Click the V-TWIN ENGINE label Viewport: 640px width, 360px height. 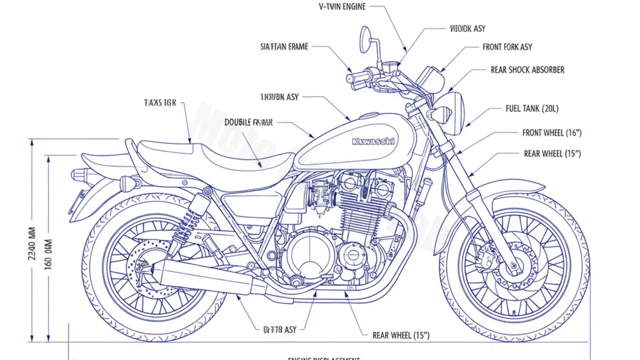coord(342,6)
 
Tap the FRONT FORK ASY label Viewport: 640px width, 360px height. coord(507,47)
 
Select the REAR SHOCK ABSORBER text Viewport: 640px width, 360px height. coord(527,70)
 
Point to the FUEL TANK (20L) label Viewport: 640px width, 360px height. coord(532,109)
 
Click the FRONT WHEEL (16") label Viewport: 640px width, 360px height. coord(551,133)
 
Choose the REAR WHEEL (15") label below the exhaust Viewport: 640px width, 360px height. coord(401,335)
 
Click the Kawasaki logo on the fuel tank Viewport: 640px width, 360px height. coord(373,141)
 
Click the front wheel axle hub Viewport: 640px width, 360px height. coord(513,265)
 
